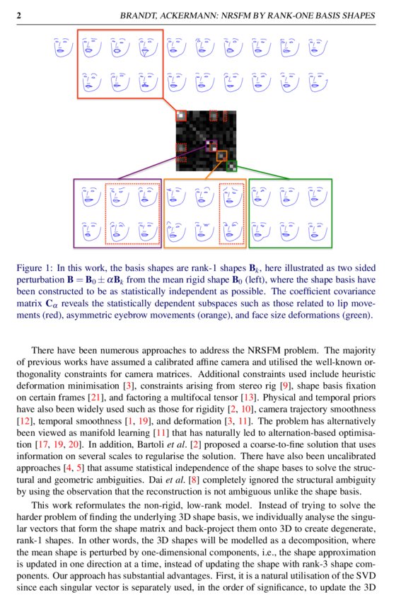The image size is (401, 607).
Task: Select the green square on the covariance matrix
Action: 230,167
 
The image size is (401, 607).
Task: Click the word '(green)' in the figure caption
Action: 355,313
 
